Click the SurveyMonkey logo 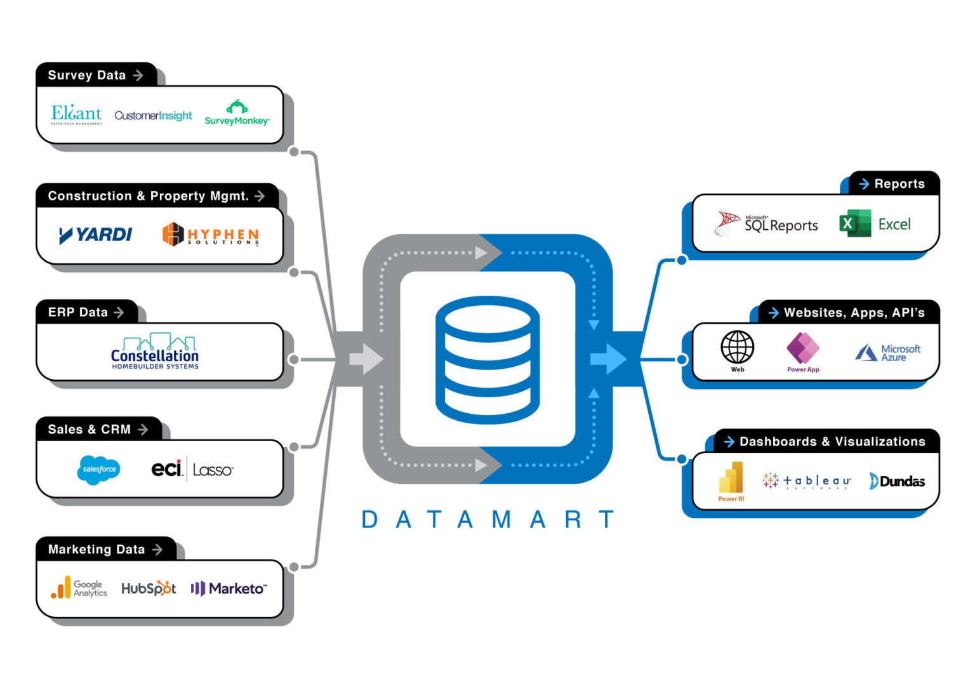[x=237, y=114]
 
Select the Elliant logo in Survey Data [x=76, y=114]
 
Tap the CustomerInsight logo [x=153, y=116]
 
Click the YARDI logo [x=95, y=235]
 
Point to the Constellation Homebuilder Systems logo [x=155, y=351]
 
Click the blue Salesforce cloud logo [x=99, y=470]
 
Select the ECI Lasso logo [x=192, y=470]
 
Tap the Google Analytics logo [x=79, y=588]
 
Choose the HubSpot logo [x=149, y=588]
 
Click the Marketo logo [x=229, y=588]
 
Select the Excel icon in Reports [x=854, y=223]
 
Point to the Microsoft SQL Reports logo [x=766, y=223]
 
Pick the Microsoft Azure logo [x=887, y=353]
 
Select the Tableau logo [x=806, y=481]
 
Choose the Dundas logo [x=896, y=481]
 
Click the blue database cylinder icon [x=487, y=359]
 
